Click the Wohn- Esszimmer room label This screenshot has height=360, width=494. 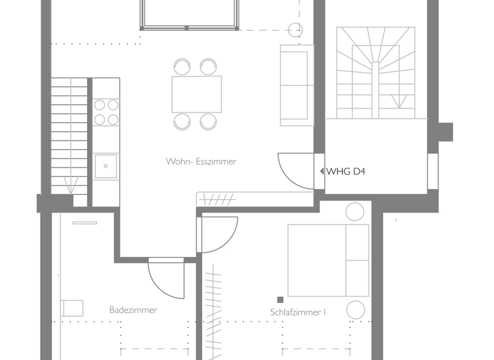click(x=201, y=161)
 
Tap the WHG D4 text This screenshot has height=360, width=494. click(x=346, y=172)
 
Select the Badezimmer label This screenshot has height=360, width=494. click(x=133, y=310)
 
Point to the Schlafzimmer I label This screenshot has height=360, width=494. click(x=298, y=312)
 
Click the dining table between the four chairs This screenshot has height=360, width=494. click(x=196, y=94)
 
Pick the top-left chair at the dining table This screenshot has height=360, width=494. click(x=182, y=66)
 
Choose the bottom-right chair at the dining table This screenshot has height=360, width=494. click(x=208, y=121)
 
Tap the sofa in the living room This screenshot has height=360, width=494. click(x=296, y=85)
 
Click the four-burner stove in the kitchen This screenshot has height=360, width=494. click(x=106, y=112)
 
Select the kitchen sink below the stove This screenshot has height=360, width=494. click(x=105, y=166)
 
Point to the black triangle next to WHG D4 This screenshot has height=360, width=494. click(x=322, y=172)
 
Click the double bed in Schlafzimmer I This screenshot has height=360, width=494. click(x=327, y=260)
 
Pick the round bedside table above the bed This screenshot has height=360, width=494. click(x=354, y=212)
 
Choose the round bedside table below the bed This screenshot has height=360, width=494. click(x=355, y=310)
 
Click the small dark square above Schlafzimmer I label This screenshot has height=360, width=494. click(x=280, y=300)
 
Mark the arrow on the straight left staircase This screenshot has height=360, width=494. click(x=71, y=186)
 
